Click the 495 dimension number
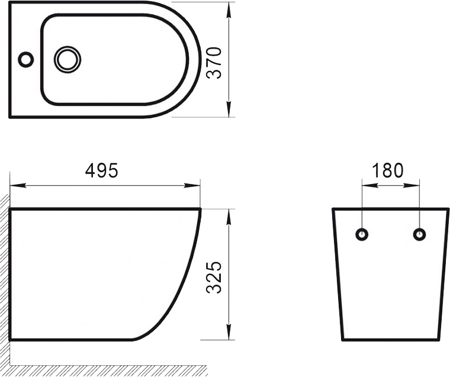[102, 170]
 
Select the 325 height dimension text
[215, 277]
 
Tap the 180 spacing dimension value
[388, 170]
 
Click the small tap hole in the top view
[25, 59]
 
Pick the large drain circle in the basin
[67, 59]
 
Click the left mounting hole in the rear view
[362, 234]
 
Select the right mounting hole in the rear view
[419, 234]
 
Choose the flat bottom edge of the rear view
[391, 340]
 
